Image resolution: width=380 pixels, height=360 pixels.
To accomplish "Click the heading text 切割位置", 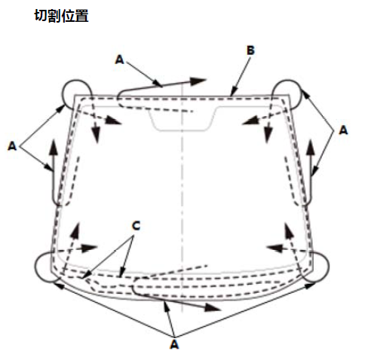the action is pos(61,16).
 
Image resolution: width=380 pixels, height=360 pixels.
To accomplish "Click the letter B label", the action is pos(250,50).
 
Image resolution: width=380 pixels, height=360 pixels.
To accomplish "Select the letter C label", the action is pos(136,226).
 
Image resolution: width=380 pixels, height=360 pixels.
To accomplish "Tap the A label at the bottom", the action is pos(174,344).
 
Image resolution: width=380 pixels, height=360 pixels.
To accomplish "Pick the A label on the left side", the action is pos(12,146).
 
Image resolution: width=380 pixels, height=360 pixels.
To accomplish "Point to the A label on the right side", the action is pos(343,130).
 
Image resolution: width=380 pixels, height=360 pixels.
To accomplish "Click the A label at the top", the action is pos(120,59).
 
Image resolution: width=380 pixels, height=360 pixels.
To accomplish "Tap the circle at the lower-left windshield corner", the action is pos(35,267).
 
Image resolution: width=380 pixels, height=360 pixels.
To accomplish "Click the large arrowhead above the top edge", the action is pos(198,81).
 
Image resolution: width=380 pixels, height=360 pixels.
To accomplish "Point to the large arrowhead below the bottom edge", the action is pos(213,307).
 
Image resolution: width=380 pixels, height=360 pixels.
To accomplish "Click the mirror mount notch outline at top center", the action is pos(182,130).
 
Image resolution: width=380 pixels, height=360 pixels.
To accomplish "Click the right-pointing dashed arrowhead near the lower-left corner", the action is pos(89,248).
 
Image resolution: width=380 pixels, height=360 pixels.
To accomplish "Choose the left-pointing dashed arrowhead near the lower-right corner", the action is pos(275,249).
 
